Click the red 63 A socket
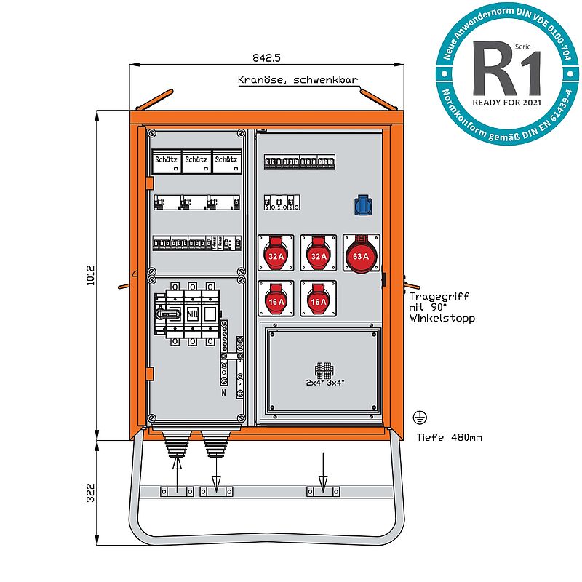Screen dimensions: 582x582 (x=361, y=255)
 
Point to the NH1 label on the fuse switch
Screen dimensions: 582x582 (x=192, y=314)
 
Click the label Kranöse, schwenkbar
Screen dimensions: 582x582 (x=298, y=81)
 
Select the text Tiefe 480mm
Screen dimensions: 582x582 (x=449, y=437)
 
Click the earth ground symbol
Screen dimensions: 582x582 (x=419, y=417)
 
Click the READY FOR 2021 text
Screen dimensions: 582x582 (x=507, y=103)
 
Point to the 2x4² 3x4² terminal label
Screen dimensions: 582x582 (x=324, y=381)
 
